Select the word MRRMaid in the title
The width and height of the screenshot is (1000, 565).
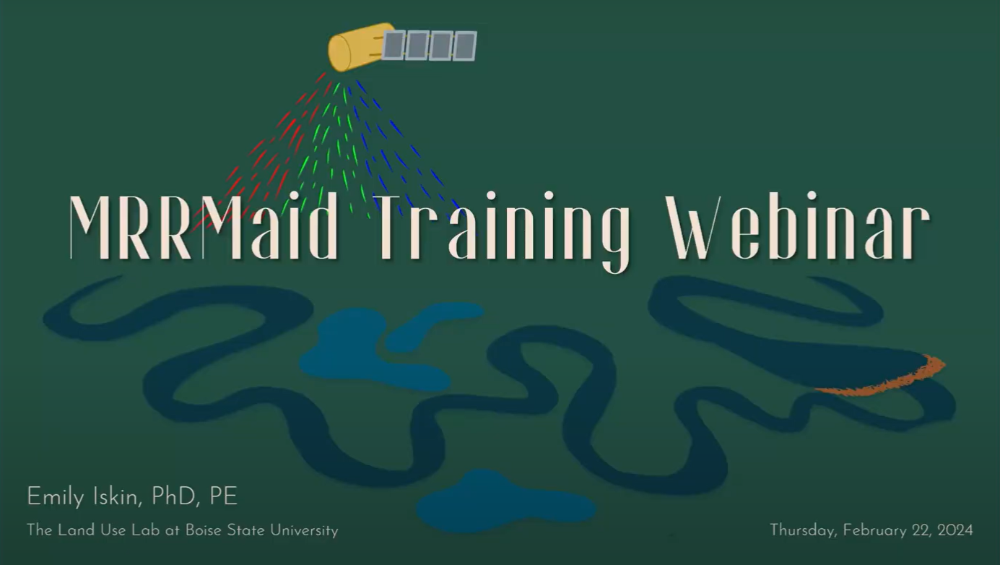[204, 227]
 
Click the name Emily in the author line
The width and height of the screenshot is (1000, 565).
[56, 497]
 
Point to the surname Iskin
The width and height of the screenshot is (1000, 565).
[117, 497]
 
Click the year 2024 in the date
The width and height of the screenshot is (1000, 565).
[955, 530]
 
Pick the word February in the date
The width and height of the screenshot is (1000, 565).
[875, 530]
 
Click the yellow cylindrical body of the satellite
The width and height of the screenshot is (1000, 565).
[358, 48]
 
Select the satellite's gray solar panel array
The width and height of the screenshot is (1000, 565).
[430, 45]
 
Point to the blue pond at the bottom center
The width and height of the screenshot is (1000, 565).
[505, 500]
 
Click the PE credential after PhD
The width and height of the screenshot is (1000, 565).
[223, 497]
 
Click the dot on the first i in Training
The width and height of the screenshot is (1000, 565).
[491, 195]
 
